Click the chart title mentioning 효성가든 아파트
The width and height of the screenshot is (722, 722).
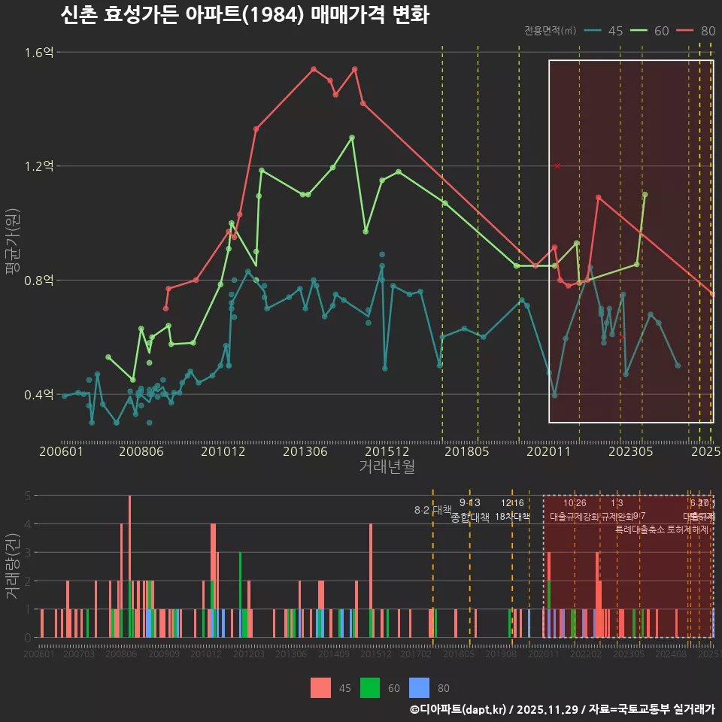click(244, 15)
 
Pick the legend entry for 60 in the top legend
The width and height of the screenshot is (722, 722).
click(650, 31)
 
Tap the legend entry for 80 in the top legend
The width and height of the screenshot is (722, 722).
click(696, 31)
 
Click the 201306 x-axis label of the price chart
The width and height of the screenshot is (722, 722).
click(305, 452)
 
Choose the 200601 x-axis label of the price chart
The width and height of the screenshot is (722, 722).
click(61, 452)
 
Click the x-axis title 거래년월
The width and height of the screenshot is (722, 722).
click(387, 467)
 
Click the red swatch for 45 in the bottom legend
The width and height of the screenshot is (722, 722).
click(321, 687)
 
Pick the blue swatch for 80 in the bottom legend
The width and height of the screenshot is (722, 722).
click(419, 687)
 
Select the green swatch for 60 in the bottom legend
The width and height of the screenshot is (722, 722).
click(370, 687)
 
